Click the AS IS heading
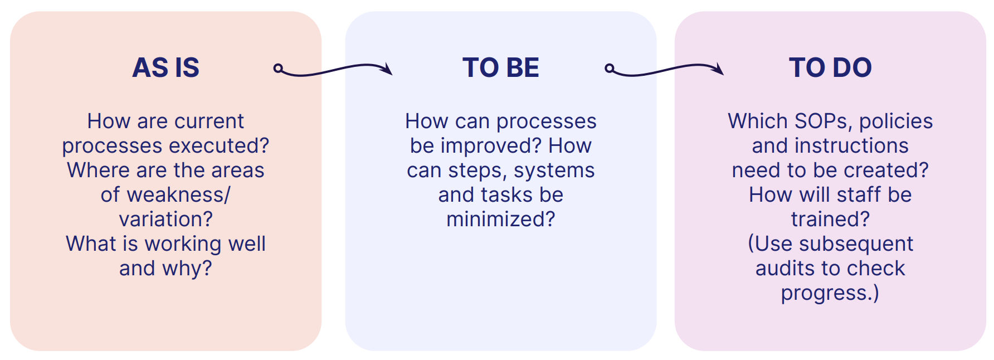click(x=165, y=67)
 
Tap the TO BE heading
click(x=501, y=67)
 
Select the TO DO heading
click(x=830, y=67)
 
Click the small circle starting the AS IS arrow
click(x=278, y=69)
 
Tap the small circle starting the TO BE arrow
click(x=610, y=69)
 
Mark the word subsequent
click(x=856, y=244)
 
